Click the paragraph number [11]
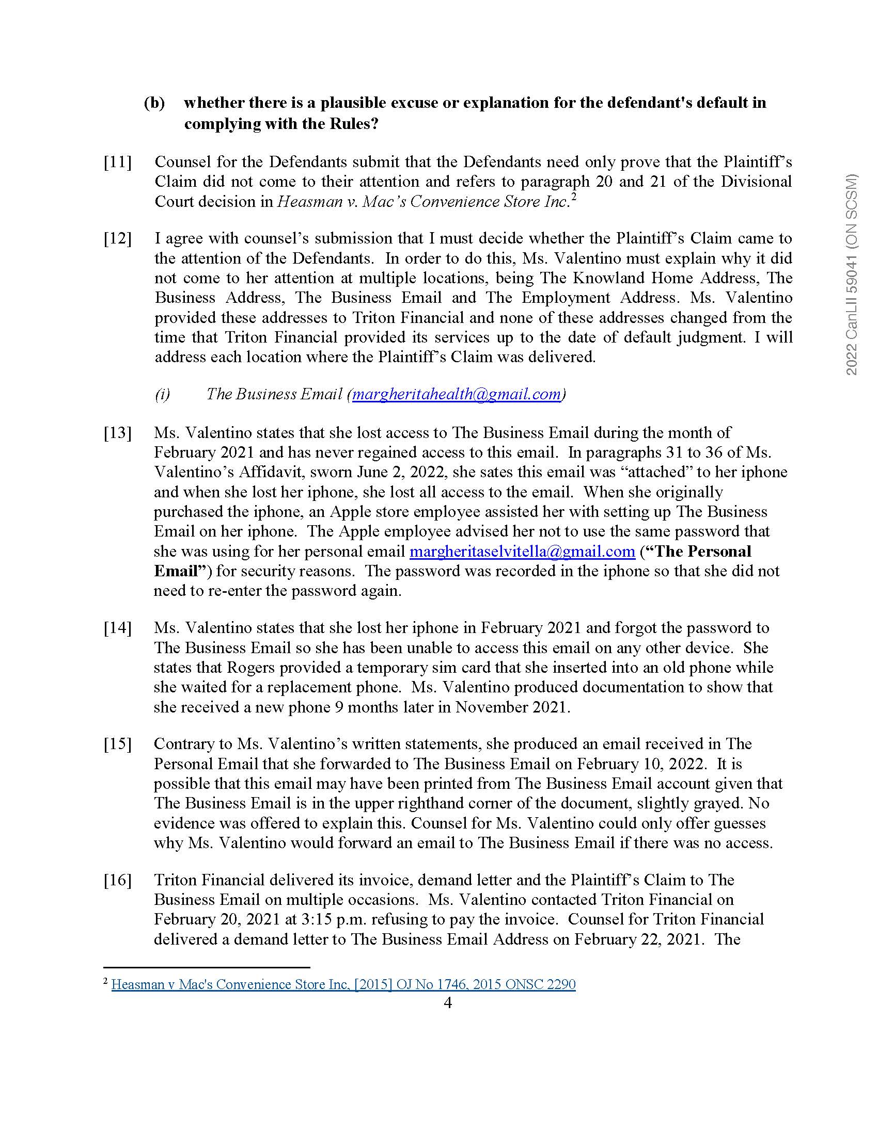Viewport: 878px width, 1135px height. tap(118, 162)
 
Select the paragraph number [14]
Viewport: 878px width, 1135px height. tap(118, 628)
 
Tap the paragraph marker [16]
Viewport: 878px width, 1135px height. tap(118, 880)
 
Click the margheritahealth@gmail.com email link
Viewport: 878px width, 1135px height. tap(457, 394)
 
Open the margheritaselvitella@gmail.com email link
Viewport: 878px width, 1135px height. tap(522, 552)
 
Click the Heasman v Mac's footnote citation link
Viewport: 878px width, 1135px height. tap(343, 984)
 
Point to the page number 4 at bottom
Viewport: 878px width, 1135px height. tap(447, 1002)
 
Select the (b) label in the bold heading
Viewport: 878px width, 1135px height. tap(154, 103)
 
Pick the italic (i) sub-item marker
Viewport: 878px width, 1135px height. tap(162, 395)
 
